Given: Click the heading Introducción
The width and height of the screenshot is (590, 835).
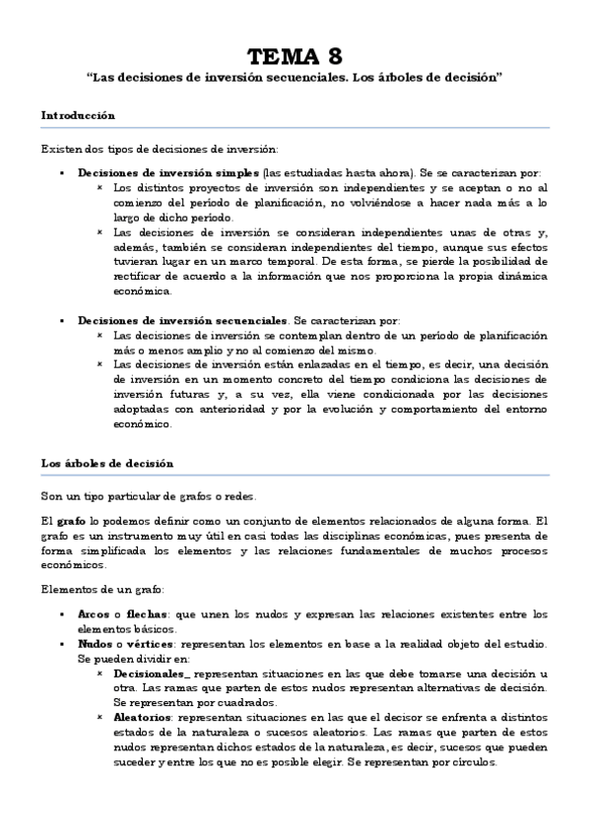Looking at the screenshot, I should click(78, 115).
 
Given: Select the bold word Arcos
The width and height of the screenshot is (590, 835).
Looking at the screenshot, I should click(94, 614).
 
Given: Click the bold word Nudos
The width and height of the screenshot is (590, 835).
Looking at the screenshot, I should click(96, 642).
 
